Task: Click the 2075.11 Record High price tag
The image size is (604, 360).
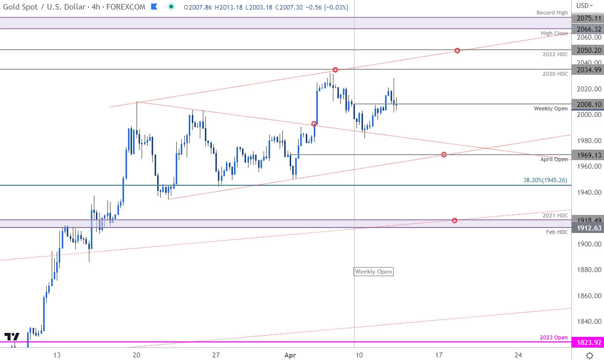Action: click(x=587, y=17)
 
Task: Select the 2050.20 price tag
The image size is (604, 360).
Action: click(x=587, y=50)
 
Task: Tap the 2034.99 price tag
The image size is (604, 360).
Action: click(x=587, y=70)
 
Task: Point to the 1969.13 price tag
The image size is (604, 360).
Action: click(x=587, y=155)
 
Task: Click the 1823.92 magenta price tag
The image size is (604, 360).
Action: click(x=587, y=343)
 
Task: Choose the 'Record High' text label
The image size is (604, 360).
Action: click(x=552, y=13)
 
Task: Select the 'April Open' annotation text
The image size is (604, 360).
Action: click(x=554, y=159)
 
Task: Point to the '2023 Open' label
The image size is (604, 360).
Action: click(x=554, y=337)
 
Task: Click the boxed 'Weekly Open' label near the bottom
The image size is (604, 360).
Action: click(x=374, y=272)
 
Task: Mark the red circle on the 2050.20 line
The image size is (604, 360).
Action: click(x=457, y=51)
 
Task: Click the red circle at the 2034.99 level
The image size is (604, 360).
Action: click(x=335, y=70)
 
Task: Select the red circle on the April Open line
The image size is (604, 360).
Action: click(x=444, y=155)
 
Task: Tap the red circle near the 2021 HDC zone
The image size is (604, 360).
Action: click(x=454, y=220)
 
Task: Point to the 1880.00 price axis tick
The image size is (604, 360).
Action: click(x=585, y=270)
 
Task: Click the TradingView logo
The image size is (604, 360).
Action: click(x=12, y=337)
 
